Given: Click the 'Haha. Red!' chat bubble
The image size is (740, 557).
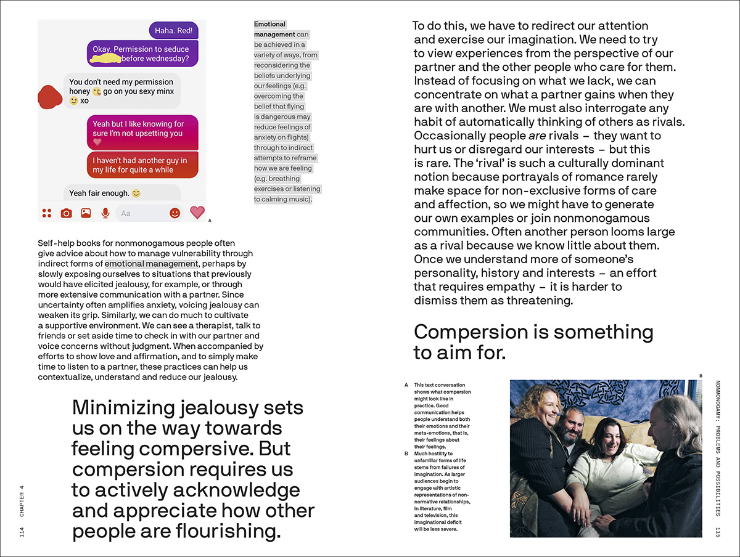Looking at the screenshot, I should pyautogui.click(x=174, y=30).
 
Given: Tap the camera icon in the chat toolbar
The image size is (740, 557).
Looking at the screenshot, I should pyautogui.click(x=66, y=213).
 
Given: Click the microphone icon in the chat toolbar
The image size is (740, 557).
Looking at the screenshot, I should pyautogui.click(x=105, y=213).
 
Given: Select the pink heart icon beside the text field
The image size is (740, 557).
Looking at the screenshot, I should pyautogui.click(x=197, y=213).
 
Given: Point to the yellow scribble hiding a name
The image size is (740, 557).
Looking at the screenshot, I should pyautogui.click(x=105, y=59).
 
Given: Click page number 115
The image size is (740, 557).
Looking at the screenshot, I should pyautogui.click(x=717, y=532).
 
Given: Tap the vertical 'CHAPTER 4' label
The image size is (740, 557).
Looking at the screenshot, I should pyautogui.click(x=22, y=500).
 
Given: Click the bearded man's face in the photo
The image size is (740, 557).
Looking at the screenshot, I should pyautogui.click(x=569, y=425).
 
